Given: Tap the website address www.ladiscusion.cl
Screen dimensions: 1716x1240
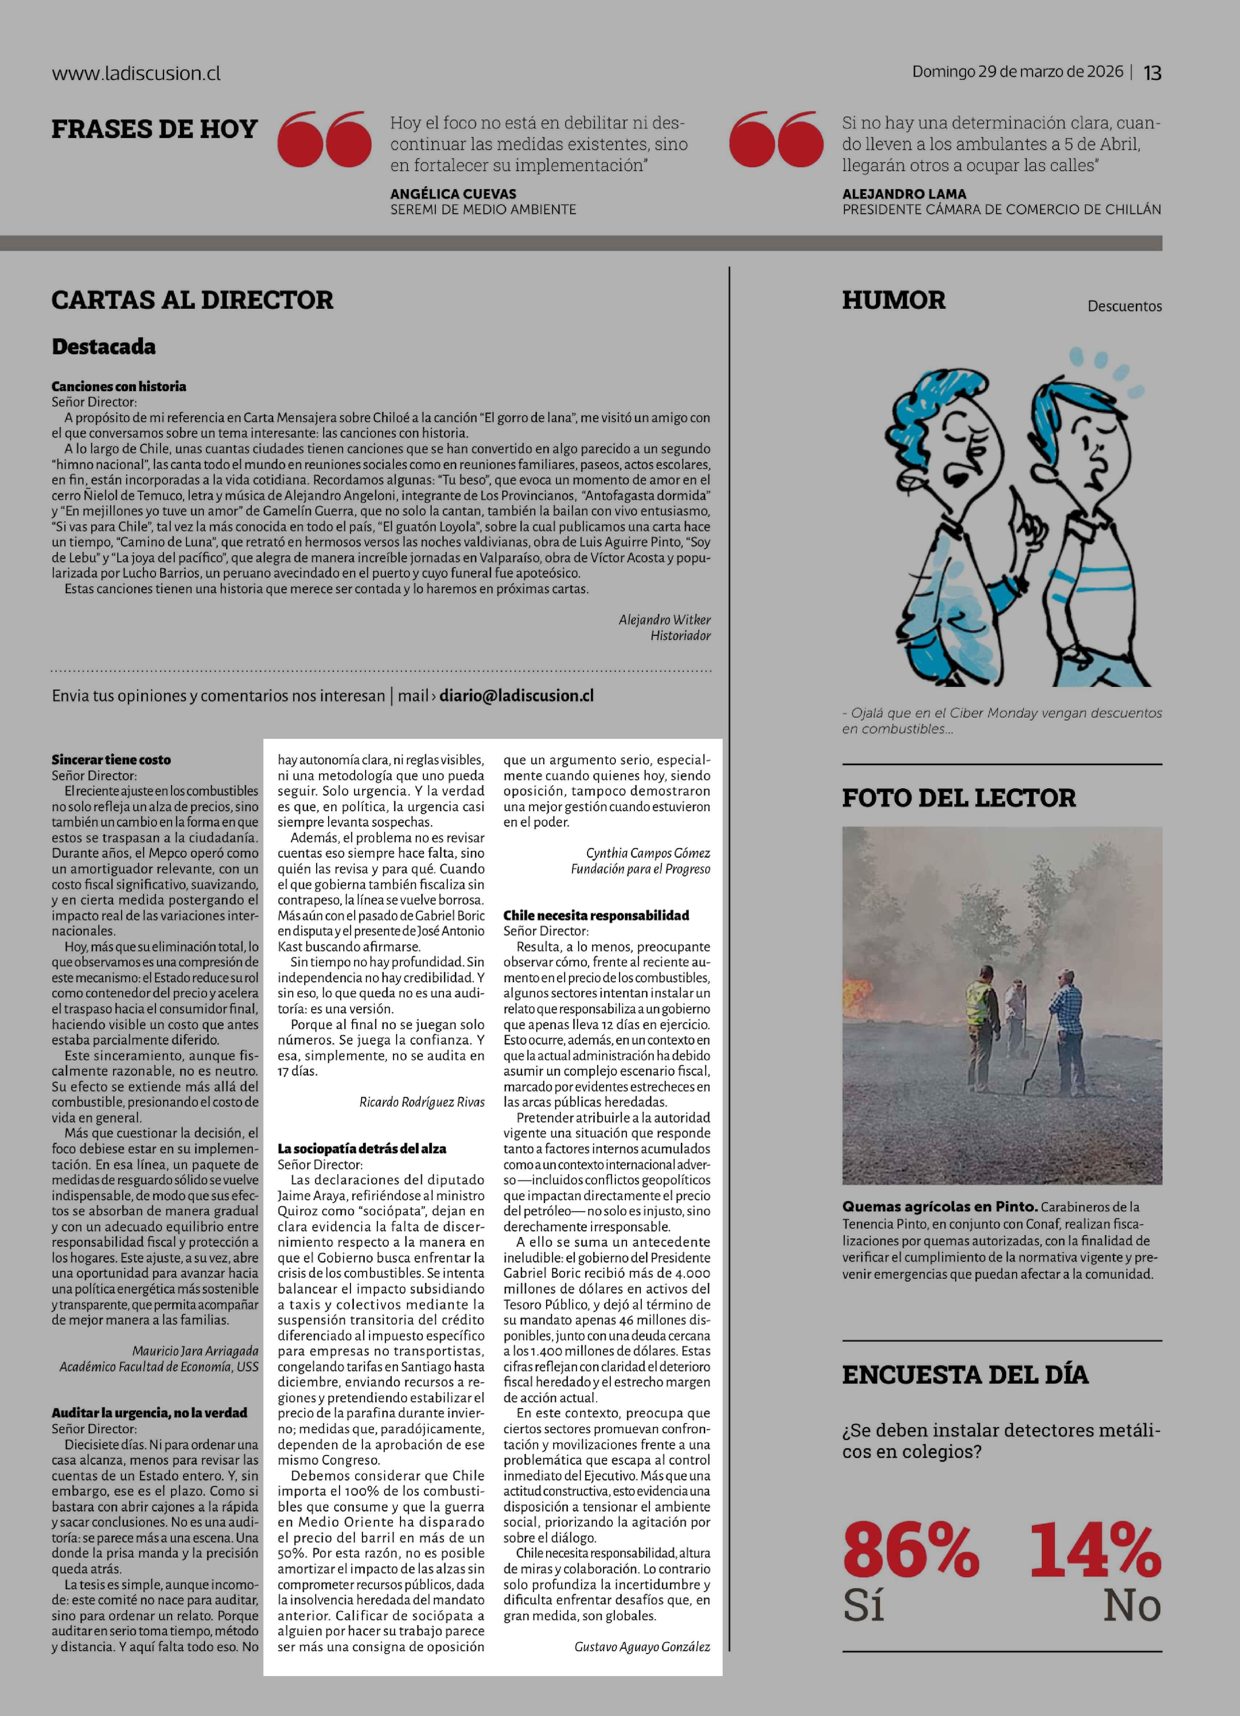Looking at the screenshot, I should (136, 73).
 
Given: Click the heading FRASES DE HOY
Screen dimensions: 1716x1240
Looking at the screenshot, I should (154, 129).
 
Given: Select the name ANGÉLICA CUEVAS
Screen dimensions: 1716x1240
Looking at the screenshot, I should (453, 194).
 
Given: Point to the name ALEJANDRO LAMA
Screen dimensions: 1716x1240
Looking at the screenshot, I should (904, 194).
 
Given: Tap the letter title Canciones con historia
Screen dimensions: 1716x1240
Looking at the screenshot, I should (119, 386).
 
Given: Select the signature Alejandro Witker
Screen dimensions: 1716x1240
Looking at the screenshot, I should (664, 620).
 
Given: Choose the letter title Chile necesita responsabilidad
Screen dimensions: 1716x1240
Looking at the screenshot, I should (596, 915).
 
